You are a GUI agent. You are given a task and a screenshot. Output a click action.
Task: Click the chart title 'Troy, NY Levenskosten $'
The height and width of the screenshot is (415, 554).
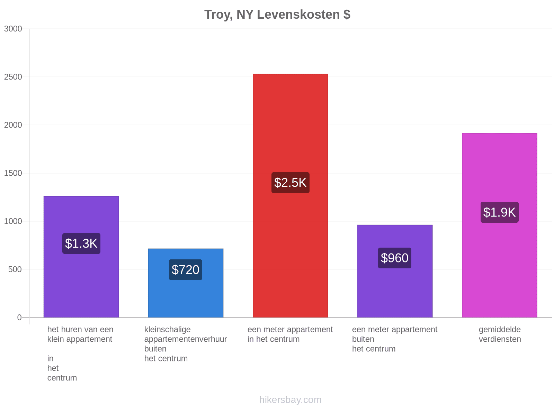point(277,15)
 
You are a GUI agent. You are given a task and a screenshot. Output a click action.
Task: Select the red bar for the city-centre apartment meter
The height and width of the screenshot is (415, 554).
point(290,195)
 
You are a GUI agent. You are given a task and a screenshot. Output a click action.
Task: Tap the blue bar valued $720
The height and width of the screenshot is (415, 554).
point(186,283)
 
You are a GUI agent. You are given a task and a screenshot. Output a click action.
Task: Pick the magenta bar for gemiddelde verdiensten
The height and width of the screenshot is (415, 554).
point(499,225)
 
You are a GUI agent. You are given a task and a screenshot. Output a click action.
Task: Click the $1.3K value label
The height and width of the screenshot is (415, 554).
point(81,243)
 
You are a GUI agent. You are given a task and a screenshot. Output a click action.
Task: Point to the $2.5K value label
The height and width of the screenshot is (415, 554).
point(290,183)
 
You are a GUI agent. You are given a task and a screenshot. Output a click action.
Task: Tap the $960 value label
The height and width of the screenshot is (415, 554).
point(394,258)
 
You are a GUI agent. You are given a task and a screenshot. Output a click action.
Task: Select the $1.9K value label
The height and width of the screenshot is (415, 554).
point(499,212)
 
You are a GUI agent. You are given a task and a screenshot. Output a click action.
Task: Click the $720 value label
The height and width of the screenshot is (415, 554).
point(186,270)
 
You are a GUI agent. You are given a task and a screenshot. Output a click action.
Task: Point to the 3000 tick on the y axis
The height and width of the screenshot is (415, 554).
point(13,29)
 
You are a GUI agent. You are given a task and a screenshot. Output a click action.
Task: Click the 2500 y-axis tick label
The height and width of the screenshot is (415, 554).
point(13,77)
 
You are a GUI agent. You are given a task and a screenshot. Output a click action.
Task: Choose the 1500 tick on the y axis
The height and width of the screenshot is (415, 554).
point(13,173)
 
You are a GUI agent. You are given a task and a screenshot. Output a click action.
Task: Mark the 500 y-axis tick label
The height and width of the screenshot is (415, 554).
point(15,269)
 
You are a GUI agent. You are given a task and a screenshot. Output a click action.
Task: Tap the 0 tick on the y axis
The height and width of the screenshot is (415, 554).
point(19,317)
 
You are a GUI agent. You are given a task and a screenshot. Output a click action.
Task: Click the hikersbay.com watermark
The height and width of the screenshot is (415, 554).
point(290,400)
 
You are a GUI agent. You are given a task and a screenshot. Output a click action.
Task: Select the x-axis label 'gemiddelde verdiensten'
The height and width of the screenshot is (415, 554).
point(500,334)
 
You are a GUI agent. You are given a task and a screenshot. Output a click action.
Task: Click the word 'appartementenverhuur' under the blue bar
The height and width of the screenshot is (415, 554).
point(186,339)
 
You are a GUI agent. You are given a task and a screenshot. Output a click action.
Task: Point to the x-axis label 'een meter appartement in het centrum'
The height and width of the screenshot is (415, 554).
point(290,334)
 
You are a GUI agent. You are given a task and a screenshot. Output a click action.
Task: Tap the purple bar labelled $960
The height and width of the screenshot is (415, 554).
point(395,271)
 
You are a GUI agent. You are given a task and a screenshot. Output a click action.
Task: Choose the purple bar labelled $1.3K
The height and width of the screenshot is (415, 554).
point(81,257)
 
